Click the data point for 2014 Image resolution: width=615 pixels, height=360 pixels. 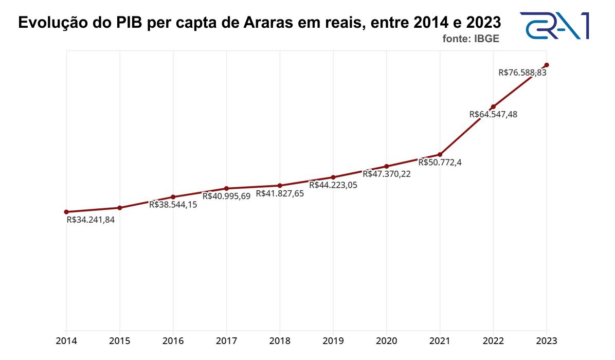tap(66, 212)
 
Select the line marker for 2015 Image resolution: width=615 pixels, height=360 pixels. tap(120, 208)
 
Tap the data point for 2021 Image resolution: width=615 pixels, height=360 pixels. tap(440, 154)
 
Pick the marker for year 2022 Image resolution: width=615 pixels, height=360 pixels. tap(494, 106)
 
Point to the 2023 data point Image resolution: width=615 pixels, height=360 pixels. tap(547, 65)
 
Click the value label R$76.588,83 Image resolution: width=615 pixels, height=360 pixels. tap(522, 73)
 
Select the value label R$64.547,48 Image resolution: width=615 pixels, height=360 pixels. tap(493, 115)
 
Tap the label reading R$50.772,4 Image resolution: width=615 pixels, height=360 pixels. tap(440, 163)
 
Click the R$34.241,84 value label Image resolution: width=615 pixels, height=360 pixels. tap(91, 220)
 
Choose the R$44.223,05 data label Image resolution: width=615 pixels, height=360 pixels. tap(333, 185)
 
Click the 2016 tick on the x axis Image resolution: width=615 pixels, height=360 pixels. tap(173, 341)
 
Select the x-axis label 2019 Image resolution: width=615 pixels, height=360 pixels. tap(333, 341)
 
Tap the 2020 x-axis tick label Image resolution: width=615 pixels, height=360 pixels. tap(387, 341)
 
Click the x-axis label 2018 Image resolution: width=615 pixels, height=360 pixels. tap(280, 341)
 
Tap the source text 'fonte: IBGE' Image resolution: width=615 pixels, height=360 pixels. tap(471, 39)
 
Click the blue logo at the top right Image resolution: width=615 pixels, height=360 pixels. tap(554, 26)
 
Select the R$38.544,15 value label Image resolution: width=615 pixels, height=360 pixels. tap(173, 204)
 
